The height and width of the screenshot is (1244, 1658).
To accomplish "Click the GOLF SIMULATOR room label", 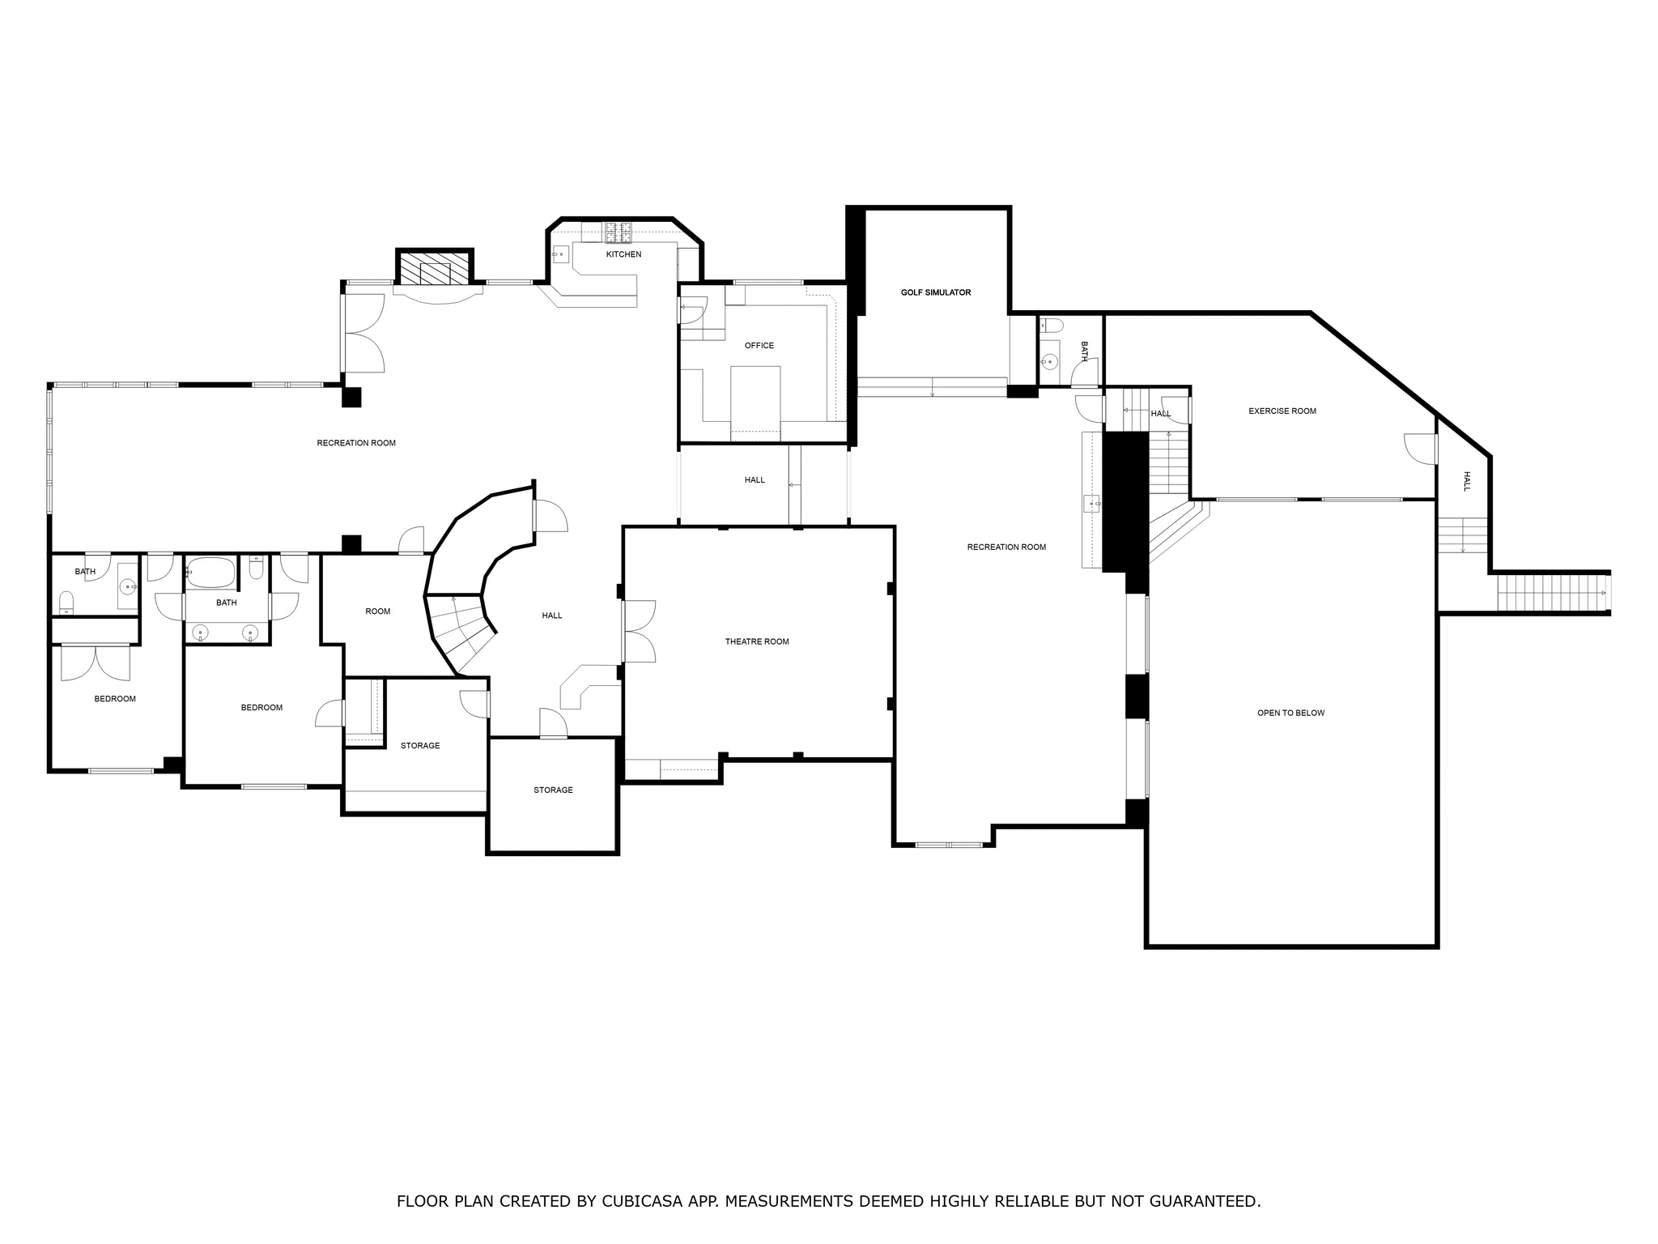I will click(x=935, y=292).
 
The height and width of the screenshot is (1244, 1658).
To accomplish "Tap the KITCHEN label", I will click(x=623, y=254).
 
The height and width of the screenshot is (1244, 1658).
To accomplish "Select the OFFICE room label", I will click(x=759, y=346).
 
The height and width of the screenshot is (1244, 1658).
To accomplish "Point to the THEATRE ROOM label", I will click(x=756, y=641).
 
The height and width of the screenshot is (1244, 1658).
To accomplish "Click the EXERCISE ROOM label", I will click(x=1282, y=411).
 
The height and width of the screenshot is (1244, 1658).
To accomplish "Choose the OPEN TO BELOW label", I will click(x=1290, y=713).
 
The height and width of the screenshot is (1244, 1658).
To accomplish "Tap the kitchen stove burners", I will click(x=619, y=232).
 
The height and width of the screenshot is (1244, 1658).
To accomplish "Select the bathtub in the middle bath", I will click(x=210, y=573).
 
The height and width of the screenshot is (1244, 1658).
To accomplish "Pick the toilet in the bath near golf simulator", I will click(x=1050, y=326).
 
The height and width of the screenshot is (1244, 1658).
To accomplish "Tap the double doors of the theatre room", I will click(x=640, y=632).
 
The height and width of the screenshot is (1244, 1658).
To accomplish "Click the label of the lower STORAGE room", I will click(x=553, y=790).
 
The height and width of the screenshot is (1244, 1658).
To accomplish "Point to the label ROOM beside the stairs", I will click(x=377, y=611).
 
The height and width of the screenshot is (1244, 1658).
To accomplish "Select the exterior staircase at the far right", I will click(x=1550, y=593).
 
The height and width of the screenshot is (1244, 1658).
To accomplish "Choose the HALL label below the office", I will click(x=755, y=480).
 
